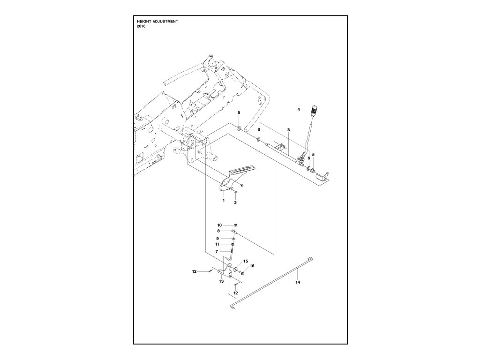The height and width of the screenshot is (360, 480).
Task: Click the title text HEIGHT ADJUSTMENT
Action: [157, 22]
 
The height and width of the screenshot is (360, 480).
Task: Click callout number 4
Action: [299, 109]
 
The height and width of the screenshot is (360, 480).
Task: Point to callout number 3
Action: [289, 129]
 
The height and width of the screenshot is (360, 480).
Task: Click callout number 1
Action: [224, 200]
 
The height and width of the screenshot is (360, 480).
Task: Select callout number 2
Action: [235, 203]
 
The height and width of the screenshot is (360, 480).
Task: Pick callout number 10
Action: [219, 225]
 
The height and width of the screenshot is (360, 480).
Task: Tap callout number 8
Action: [219, 231]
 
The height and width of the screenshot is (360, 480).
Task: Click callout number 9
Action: [218, 239]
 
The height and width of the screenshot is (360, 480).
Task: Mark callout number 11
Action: [217, 244]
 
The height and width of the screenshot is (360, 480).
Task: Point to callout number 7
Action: [217, 252]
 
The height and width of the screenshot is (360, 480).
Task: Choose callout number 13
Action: [221, 282]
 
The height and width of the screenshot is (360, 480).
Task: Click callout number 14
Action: [297, 283]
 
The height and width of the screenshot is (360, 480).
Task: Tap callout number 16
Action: [252, 266]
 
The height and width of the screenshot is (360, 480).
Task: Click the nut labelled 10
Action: [234, 225]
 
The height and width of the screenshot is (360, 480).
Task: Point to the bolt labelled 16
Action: [242, 272]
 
